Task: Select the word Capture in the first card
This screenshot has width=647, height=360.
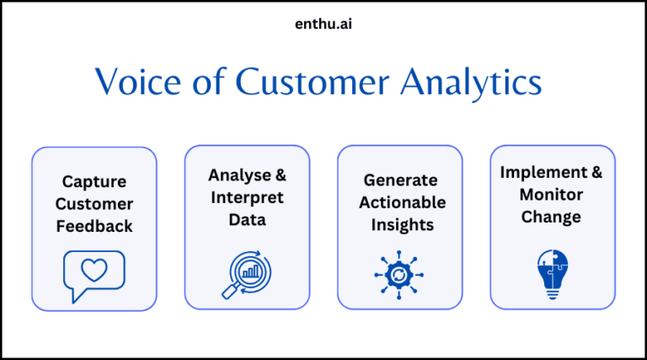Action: (x=94, y=181)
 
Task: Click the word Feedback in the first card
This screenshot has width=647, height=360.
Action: (x=94, y=226)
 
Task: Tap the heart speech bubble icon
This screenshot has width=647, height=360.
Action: (x=94, y=275)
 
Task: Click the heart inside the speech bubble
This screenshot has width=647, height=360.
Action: (x=94, y=270)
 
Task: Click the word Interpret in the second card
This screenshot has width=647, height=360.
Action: (x=247, y=198)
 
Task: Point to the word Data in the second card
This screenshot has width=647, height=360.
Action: (x=247, y=220)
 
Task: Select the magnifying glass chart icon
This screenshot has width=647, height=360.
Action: (x=247, y=275)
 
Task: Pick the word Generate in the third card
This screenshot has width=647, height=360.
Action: (x=400, y=180)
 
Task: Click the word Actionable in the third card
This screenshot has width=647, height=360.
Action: (x=400, y=202)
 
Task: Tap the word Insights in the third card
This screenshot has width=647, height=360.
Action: (x=400, y=225)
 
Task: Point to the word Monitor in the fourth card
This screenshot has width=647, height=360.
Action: (x=553, y=195)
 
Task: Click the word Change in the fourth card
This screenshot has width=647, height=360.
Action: (x=553, y=217)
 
